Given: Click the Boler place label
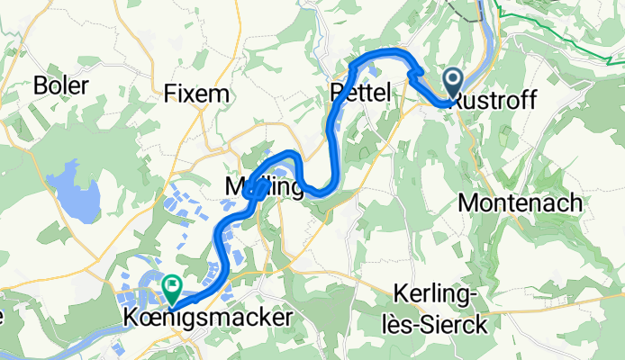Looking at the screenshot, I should pyautogui.click(x=61, y=85).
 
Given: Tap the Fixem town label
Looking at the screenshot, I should pyautogui.click(x=196, y=94).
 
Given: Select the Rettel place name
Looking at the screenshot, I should pyautogui.click(x=359, y=92).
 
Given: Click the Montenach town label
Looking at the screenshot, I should pyautogui.click(x=520, y=203).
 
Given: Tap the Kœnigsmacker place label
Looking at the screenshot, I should pyautogui.click(x=208, y=319).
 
